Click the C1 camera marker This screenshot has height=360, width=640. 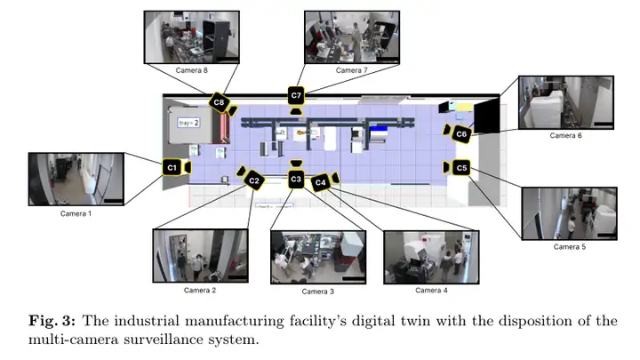click(172, 166)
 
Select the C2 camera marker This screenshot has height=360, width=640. click(253, 180)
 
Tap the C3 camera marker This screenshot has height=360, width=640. click(296, 180)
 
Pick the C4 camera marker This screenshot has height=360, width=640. click(320, 183)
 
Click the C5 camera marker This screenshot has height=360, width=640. click(460, 167)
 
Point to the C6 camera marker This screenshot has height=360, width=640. click(460, 134)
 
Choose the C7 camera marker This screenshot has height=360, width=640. click(296, 95)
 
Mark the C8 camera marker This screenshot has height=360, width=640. click(219, 103)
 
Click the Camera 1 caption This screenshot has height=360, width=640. click(75, 213)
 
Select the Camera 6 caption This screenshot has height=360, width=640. click(565, 136)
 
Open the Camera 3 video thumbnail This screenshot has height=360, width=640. click(318, 257)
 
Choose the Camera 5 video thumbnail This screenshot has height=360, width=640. click(570, 212)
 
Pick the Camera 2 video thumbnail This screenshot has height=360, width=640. click(199, 255)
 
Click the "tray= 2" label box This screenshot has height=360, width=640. click(188, 123)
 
